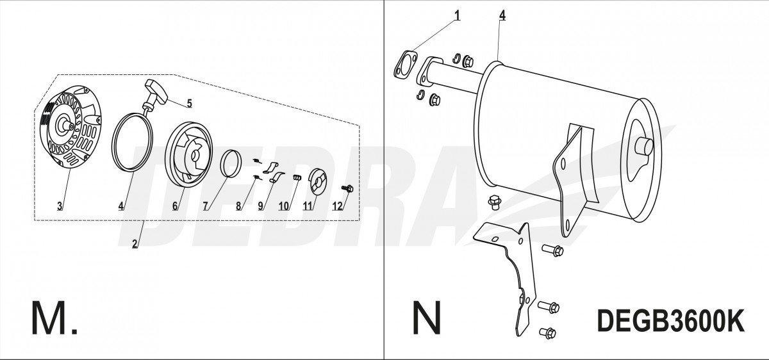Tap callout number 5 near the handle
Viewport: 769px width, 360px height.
[189, 103]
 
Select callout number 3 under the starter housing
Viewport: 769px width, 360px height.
[60, 206]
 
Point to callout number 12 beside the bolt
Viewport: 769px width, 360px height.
[338, 206]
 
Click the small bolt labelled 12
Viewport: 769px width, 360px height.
[347, 188]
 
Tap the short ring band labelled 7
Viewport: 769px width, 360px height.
[229, 163]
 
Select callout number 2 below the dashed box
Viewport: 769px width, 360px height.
[135, 243]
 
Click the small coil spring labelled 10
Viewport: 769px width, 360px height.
[297, 177]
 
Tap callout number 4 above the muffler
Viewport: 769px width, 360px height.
[502, 15]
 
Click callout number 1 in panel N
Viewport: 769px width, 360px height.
[457, 15]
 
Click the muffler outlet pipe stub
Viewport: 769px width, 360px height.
[643, 147]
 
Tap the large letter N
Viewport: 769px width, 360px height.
[426, 318]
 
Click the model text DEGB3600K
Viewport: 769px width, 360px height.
[671, 320]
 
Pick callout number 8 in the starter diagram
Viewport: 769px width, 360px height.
[238, 206]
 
